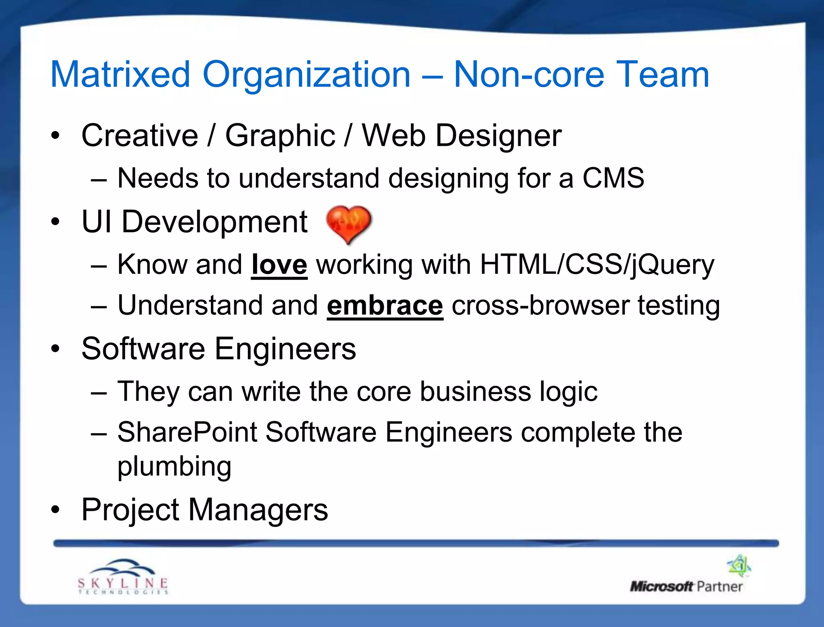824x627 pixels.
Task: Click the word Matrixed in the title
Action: (120, 74)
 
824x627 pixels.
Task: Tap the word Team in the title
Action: (662, 74)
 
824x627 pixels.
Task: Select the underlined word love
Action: (279, 265)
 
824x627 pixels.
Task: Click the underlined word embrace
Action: (385, 306)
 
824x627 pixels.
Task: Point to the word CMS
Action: (613, 178)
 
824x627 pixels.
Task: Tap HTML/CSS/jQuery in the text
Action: (597, 265)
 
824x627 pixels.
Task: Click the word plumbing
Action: (174, 467)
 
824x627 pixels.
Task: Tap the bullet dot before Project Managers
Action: (56, 510)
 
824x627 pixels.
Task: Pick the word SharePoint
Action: (187, 432)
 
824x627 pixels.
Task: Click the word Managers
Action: (258, 510)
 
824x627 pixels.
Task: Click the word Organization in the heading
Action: (306, 74)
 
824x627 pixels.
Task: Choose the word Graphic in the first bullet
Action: (280, 136)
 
